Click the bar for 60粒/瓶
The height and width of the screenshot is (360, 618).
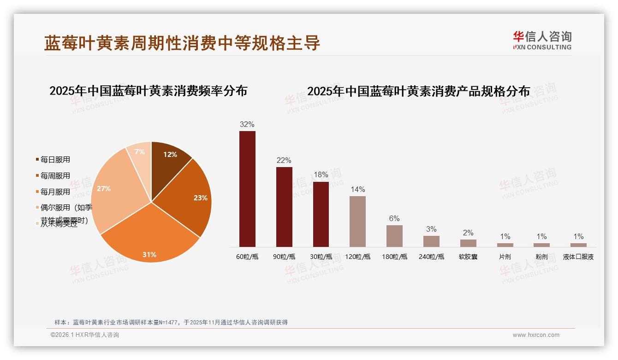(x=247, y=189)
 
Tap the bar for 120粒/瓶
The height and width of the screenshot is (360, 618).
(x=357, y=222)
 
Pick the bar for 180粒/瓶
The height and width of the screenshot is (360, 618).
(x=394, y=236)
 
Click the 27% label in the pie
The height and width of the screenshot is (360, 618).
(x=104, y=188)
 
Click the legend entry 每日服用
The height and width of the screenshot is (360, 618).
(x=55, y=160)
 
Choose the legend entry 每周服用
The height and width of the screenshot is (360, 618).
(x=55, y=176)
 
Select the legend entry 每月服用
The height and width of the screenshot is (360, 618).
(x=55, y=192)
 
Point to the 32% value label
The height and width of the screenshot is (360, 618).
(x=247, y=124)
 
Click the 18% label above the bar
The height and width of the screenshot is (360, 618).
(x=321, y=175)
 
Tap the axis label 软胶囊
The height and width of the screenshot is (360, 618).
(x=468, y=257)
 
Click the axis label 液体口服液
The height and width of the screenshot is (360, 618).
(x=578, y=257)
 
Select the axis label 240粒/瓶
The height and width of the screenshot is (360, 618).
(x=431, y=257)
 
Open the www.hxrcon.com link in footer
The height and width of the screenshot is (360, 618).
(x=536, y=335)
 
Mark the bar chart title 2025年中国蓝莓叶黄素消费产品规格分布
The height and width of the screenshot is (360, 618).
(x=418, y=91)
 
